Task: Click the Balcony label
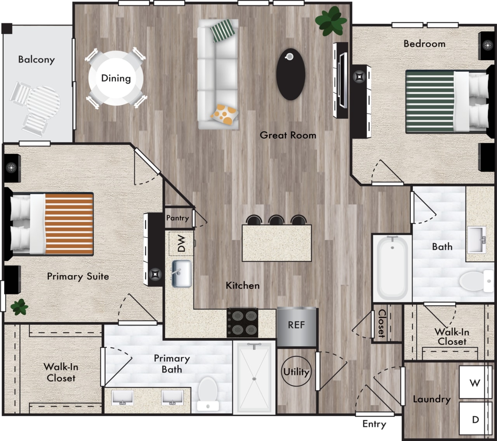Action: click(36, 59)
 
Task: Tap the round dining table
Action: click(116, 78)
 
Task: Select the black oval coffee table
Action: click(290, 74)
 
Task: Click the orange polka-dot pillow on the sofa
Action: click(225, 114)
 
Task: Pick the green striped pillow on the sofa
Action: click(224, 30)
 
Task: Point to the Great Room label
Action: click(288, 135)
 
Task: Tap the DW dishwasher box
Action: click(181, 244)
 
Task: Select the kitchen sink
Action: click(182, 274)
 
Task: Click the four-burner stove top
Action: click(242, 322)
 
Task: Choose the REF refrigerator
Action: click(297, 325)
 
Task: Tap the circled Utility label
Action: click(296, 371)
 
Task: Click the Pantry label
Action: click(177, 218)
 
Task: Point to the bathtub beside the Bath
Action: click(392, 268)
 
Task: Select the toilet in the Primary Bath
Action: click(208, 394)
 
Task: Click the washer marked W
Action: click(474, 383)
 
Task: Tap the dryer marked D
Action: click(475, 419)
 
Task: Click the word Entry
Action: click(374, 424)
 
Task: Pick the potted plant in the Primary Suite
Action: click(19, 307)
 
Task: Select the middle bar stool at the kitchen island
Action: click(276, 220)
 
